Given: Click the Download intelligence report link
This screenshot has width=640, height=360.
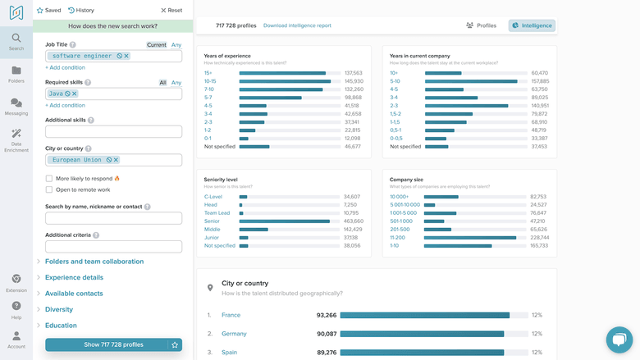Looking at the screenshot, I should tap(297, 25).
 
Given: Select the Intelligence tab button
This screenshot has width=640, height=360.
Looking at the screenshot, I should tap(532, 25).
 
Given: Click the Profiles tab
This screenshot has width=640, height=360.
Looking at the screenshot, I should tap(481, 25).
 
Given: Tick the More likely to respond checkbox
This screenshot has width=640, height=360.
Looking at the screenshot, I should tap(49, 178).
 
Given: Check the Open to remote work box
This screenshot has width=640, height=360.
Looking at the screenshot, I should tap(49, 189).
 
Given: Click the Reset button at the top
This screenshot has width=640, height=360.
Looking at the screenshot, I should tap(171, 11).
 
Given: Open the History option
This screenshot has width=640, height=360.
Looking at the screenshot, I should tap(81, 11).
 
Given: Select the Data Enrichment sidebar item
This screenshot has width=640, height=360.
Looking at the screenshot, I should tap(16, 140).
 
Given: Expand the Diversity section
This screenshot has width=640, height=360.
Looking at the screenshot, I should tap(59, 309).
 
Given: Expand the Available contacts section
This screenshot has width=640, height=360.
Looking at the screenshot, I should tap(74, 294).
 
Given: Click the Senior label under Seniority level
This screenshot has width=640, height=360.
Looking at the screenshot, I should tap(212, 221).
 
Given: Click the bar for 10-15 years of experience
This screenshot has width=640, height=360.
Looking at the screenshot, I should tap(285, 81).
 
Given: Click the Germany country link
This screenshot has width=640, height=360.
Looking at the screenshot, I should tap(234, 334).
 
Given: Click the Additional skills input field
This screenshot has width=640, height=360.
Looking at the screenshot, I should tap(113, 131).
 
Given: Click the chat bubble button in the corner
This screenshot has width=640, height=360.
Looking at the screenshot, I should tap(619, 339).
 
